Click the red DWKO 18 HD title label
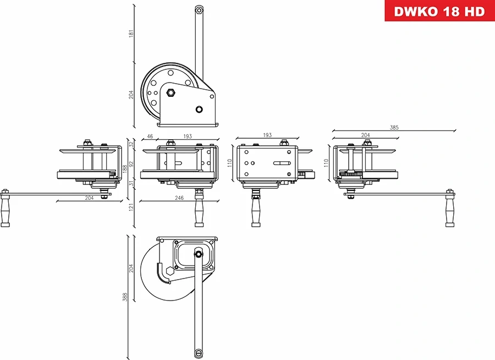click(x=439, y=11)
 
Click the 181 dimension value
click(x=130, y=33)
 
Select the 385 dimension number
click(x=394, y=127)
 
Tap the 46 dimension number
click(x=150, y=136)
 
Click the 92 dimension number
click(x=131, y=165)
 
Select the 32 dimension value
click(x=131, y=144)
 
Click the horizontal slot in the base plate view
click(x=282, y=163)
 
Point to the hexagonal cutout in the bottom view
click(x=169, y=272)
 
